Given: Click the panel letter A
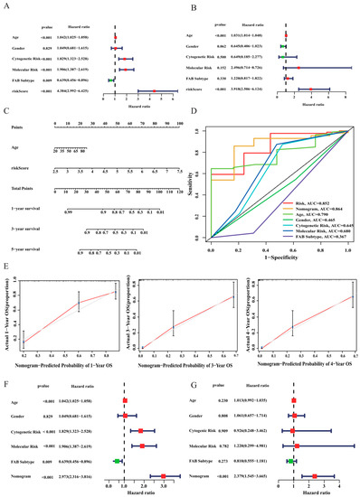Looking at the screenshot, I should [x=6, y=5].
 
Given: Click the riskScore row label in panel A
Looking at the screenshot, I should [x=18, y=91].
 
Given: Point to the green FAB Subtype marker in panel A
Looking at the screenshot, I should [x=110, y=80].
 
